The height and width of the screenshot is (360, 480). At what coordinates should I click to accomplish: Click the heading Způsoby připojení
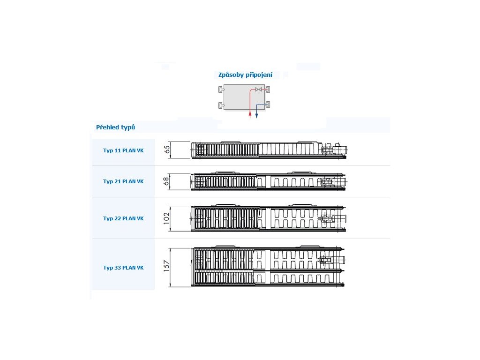245,75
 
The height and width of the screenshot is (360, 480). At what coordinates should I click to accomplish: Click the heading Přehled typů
115,127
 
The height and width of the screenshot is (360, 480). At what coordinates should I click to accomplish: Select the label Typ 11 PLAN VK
123,151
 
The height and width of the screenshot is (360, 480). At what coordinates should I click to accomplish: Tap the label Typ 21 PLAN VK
123,181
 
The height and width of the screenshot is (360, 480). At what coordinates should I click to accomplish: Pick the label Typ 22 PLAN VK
123,218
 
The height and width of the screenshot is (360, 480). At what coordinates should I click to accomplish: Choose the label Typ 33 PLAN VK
123,268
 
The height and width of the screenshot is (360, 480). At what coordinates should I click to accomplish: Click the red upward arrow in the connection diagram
250,113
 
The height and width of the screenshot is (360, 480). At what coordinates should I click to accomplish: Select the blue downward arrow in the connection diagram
257,113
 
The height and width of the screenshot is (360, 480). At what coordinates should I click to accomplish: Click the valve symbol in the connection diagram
258,89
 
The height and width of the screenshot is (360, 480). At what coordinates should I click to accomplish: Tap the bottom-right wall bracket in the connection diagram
268,105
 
